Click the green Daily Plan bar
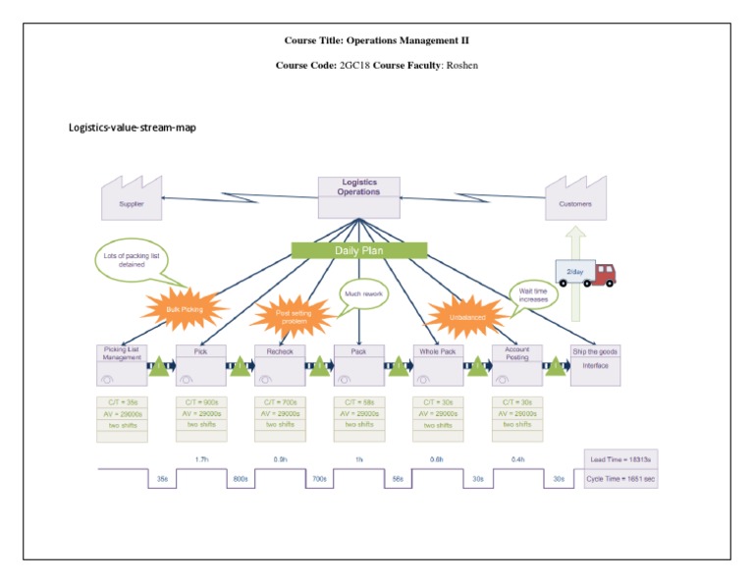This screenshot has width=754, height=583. pos(359,250)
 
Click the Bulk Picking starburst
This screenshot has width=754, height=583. pos(184,308)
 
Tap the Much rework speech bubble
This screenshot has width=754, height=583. pos(363,294)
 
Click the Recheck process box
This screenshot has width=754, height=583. pos(280,364)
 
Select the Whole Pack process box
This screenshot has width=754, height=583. pos(438,364)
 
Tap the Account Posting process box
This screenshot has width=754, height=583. pos(516,364)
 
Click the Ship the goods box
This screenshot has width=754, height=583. pos(596,364)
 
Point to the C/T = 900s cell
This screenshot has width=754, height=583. pos(201,401)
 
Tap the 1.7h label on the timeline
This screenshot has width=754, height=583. pos(201,459)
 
